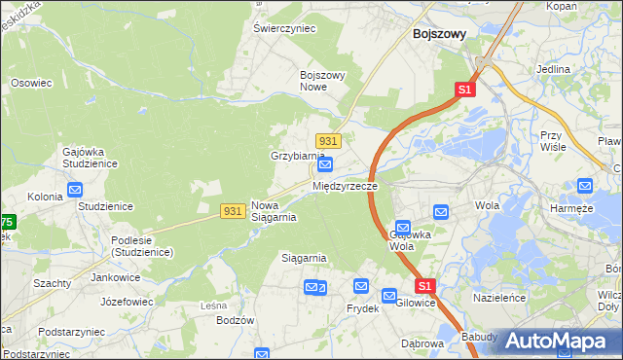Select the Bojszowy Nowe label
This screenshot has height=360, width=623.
point(324,81)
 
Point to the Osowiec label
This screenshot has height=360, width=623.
point(30,83)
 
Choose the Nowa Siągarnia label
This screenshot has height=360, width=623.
point(274,211)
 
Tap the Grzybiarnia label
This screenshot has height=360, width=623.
point(297,156)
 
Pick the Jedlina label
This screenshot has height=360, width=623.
point(553,70)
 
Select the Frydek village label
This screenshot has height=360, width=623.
point(362,307)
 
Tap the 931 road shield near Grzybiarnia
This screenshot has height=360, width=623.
point(327,141)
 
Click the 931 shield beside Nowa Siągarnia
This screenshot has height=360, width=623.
point(232,210)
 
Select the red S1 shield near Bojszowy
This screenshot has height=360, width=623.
point(464,90)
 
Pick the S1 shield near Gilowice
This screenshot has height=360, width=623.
point(424,286)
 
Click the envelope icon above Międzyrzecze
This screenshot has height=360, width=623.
point(327,165)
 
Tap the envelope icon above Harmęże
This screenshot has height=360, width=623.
point(585,186)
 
